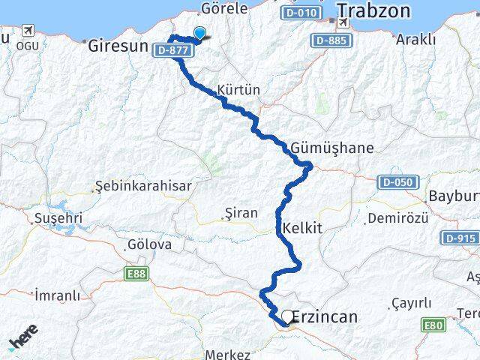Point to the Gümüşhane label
click(x=334, y=148)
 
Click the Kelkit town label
click(x=302, y=228)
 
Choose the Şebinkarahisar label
click(x=143, y=186)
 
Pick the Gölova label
click(x=150, y=244)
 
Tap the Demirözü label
click(x=403, y=217)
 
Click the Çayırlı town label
click(x=412, y=303)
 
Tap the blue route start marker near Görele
click(x=199, y=32)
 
